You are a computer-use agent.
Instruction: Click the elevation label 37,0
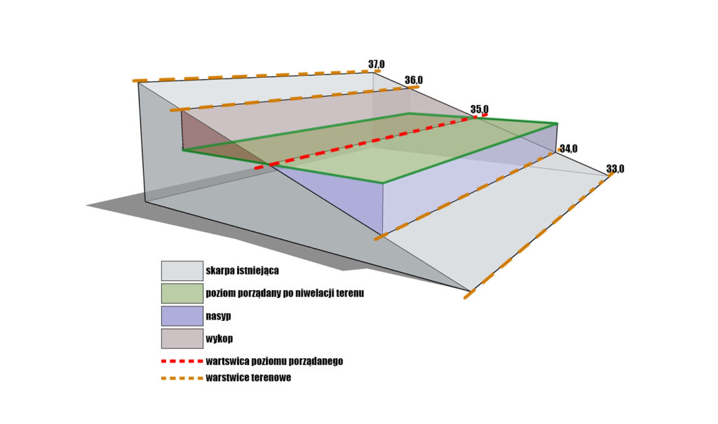[376, 65]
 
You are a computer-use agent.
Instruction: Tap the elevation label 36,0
[414, 80]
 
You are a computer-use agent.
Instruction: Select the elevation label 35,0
[480, 109]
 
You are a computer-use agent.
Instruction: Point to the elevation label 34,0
[568, 149]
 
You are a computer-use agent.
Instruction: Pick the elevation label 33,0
[615, 169]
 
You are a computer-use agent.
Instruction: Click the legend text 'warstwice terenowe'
[248, 378]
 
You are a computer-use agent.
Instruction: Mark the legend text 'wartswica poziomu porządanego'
[274, 362]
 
